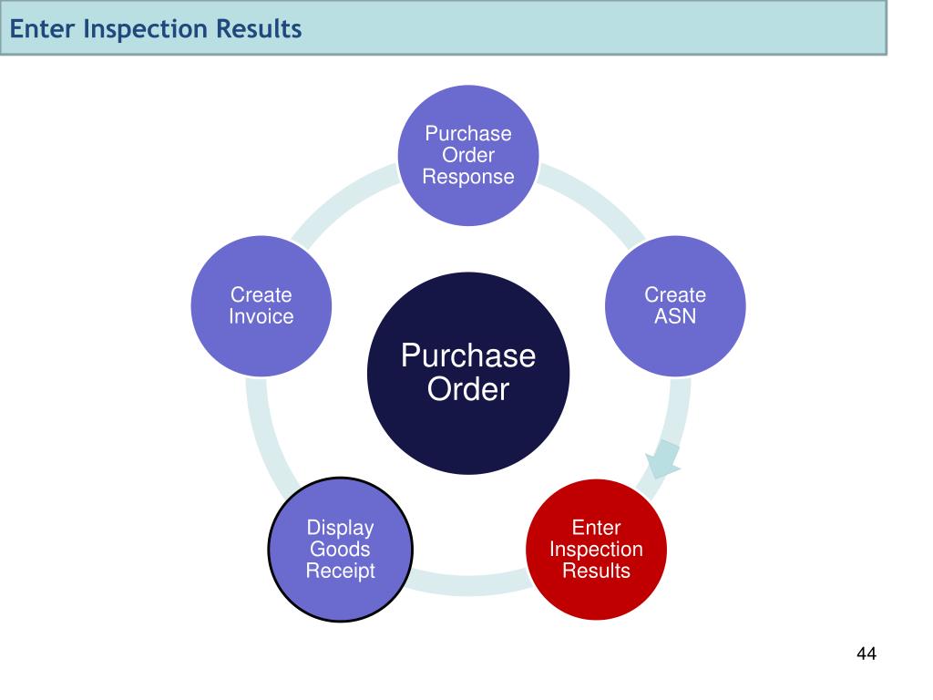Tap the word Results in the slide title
point(259,29)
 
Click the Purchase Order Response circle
point(468,155)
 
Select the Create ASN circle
point(675,306)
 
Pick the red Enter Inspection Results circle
point(596,550)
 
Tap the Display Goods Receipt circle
point(340,550)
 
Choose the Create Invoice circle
point(261,306)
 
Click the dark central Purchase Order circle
point(468,373)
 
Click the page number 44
point(866,654)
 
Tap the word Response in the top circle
point(468,177)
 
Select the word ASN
point(675,317)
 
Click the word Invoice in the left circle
point(261,317)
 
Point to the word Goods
point(340,550)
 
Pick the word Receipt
point(340,571)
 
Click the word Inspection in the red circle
point(596,550)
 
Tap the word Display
point(340,528)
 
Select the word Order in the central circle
point(468,390)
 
